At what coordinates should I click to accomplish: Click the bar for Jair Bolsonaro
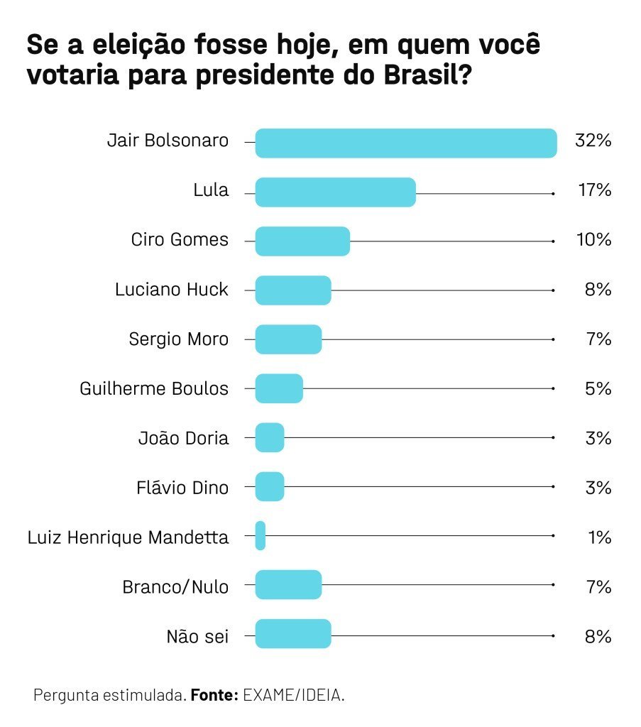pyautogui.click(x=405, y=143)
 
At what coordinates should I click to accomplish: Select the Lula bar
pyautogui.click(x=335, y=192)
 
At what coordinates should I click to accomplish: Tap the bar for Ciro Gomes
pyautogui.click(x=302, y=241)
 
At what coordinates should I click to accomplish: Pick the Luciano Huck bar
pyautogui.click(x=292, y=290)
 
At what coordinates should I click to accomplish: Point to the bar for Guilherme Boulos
pyautogui.click(x=279, y=389)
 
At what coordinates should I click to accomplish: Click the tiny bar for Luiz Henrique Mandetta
pyautogui.click(x=261, y=535)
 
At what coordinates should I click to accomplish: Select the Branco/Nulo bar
pyautogui.click(x=288, y=585)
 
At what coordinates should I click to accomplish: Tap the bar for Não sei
pyautogui.click(x=292, y=634)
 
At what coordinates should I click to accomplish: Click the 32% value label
pyautogui.click(x=593, y=141)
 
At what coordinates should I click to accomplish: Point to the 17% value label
pyautogui.click(x=594, y=190)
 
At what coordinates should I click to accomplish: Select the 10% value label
pyautogui.click(x=593, y=240)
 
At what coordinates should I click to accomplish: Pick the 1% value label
pyautogui.click(x=599, y=537)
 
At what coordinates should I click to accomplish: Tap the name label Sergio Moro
pyautogui.click(x=179, y=339)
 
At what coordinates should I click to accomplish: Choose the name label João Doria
pyautogui.click(x=183, y=438)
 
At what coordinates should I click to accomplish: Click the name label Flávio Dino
pyautogui.click(x=182, y=488)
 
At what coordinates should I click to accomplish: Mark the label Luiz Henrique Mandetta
pyautogui.click(x=128, y=537)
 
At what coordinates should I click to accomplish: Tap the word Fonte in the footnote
pyautogui.click(x=214, y=695)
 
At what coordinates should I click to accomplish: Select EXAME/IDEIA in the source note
pyautogui.click(x=294, y=695)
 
